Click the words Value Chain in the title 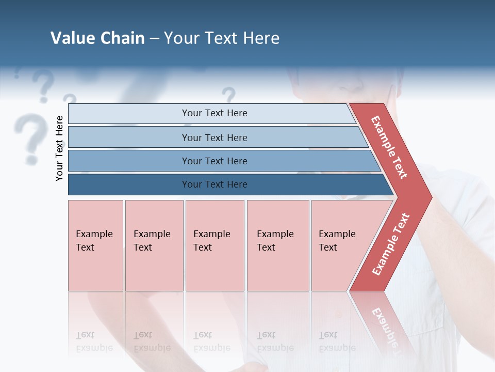(x=97, y=38)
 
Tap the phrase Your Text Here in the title (x=222, y=38)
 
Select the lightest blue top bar (x=214, y=113)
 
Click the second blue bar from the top (x=214, y=137)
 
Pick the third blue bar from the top (x=214, y=161)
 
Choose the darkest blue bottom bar (x=214, y=184)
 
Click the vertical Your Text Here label (x=59, y=148)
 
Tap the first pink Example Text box (x=95, y=245)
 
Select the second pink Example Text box (x=154, y=245)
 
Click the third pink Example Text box (x=214, y=245)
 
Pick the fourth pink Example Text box (x=277, y=245)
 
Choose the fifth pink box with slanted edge (x=340, y=245)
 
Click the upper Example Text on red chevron (x=390, y=147)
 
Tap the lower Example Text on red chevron (x=391, y=244)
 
